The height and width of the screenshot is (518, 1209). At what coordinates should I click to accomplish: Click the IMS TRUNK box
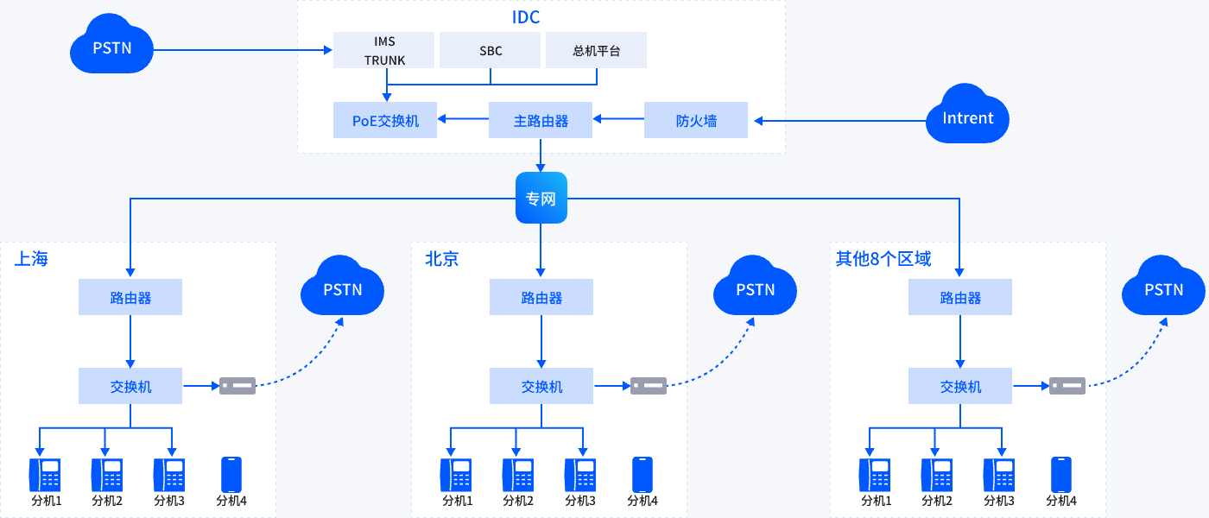click(x=385, y=51)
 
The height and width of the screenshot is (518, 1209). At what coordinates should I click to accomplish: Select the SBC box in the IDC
click(x=491, y=51)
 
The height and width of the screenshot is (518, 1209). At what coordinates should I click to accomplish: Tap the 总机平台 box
click(x=596, y=51)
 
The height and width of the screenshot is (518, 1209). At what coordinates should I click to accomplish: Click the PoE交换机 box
click(x=385, y=121)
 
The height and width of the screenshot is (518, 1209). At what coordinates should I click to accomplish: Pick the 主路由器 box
click(x=541, y=121)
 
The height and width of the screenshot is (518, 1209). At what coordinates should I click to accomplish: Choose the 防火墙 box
click(x=696, y=121)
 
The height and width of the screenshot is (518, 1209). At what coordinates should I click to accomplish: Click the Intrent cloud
click(x=967, y=117)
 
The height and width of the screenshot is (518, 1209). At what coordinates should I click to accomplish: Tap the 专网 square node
click(x=541, y=199)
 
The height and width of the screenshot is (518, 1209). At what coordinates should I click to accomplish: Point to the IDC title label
click(x=525, y=16)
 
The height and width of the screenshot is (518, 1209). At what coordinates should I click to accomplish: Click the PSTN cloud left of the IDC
click(x=112, y=47)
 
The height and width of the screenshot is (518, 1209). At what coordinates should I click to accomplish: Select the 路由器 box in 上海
click(x=130, y=298)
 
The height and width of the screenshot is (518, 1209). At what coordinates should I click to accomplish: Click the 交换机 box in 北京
click(x=541, y=386)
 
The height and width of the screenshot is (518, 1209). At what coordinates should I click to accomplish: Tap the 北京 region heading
click(x=441, y=259)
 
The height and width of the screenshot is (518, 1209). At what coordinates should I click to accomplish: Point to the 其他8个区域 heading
click(x=883, y=259)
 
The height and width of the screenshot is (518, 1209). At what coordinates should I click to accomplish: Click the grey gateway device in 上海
click(x=237, y=386)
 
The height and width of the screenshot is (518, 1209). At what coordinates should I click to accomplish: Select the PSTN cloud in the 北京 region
click(x=755, y=288)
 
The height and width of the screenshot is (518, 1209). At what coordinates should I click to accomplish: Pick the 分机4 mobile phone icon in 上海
click(x=231, y=474)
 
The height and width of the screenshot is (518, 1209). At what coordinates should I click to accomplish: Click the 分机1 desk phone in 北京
click(x=456, y=475)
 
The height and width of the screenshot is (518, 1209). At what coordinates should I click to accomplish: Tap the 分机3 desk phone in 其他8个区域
click(x=999, y=475)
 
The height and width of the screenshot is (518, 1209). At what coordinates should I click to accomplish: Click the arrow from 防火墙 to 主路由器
click(x=618, y=121)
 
